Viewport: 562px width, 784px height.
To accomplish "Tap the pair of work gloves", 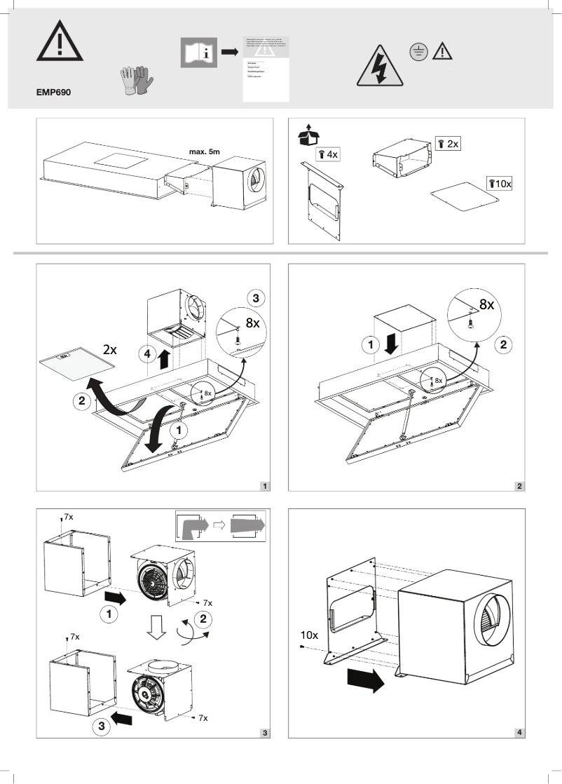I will tap(135, 79).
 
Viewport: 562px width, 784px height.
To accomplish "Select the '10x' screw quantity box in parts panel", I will tap(500, 184).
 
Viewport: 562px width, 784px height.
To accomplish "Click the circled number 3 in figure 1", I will tap(256, 299).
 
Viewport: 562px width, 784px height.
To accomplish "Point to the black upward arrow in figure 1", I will tap(164, 360).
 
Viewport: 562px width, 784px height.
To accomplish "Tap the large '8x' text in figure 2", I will tap(486, 305).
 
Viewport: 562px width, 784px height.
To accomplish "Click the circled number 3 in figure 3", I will tap(103, 726).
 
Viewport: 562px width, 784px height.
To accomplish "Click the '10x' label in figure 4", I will tap(309, 635).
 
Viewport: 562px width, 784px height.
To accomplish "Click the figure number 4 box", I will tap(519, 733).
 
